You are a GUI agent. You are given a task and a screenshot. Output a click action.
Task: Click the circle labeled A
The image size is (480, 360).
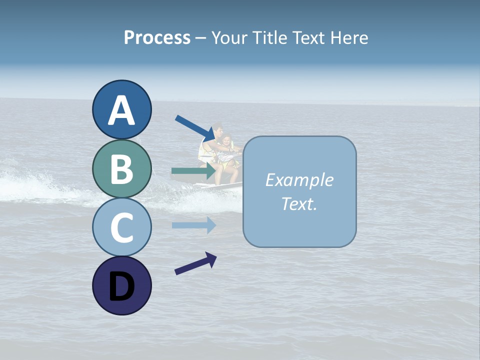pos(121,109)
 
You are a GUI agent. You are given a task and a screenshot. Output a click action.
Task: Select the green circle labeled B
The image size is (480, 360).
pos(121,168)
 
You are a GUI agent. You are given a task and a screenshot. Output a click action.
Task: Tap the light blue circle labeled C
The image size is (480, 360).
pos(121,227)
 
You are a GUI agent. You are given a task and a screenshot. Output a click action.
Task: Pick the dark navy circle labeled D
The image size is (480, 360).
pos(121,285)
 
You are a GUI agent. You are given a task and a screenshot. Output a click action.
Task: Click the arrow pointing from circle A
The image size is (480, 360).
pos(195,128)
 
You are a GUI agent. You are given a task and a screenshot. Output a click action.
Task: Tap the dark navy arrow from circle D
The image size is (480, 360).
pos(195,263)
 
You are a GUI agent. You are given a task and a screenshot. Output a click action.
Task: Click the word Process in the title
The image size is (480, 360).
pos(157,37)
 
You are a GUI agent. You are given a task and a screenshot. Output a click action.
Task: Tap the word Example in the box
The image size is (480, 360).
pos(299,180)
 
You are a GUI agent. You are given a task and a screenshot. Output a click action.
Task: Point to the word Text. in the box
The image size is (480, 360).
pos(299,203)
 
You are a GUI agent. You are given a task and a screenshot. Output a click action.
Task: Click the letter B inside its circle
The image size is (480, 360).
pos(121,169)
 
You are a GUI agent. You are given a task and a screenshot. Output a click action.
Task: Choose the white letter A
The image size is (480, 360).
pos(121,110)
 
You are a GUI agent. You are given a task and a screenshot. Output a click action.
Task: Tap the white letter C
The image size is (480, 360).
pos(121,227)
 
